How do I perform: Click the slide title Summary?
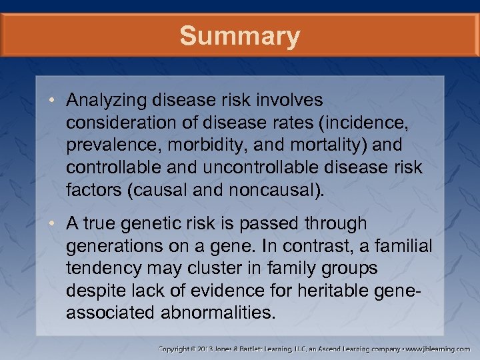[239, 36]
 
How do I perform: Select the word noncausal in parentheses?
[267, 189]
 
